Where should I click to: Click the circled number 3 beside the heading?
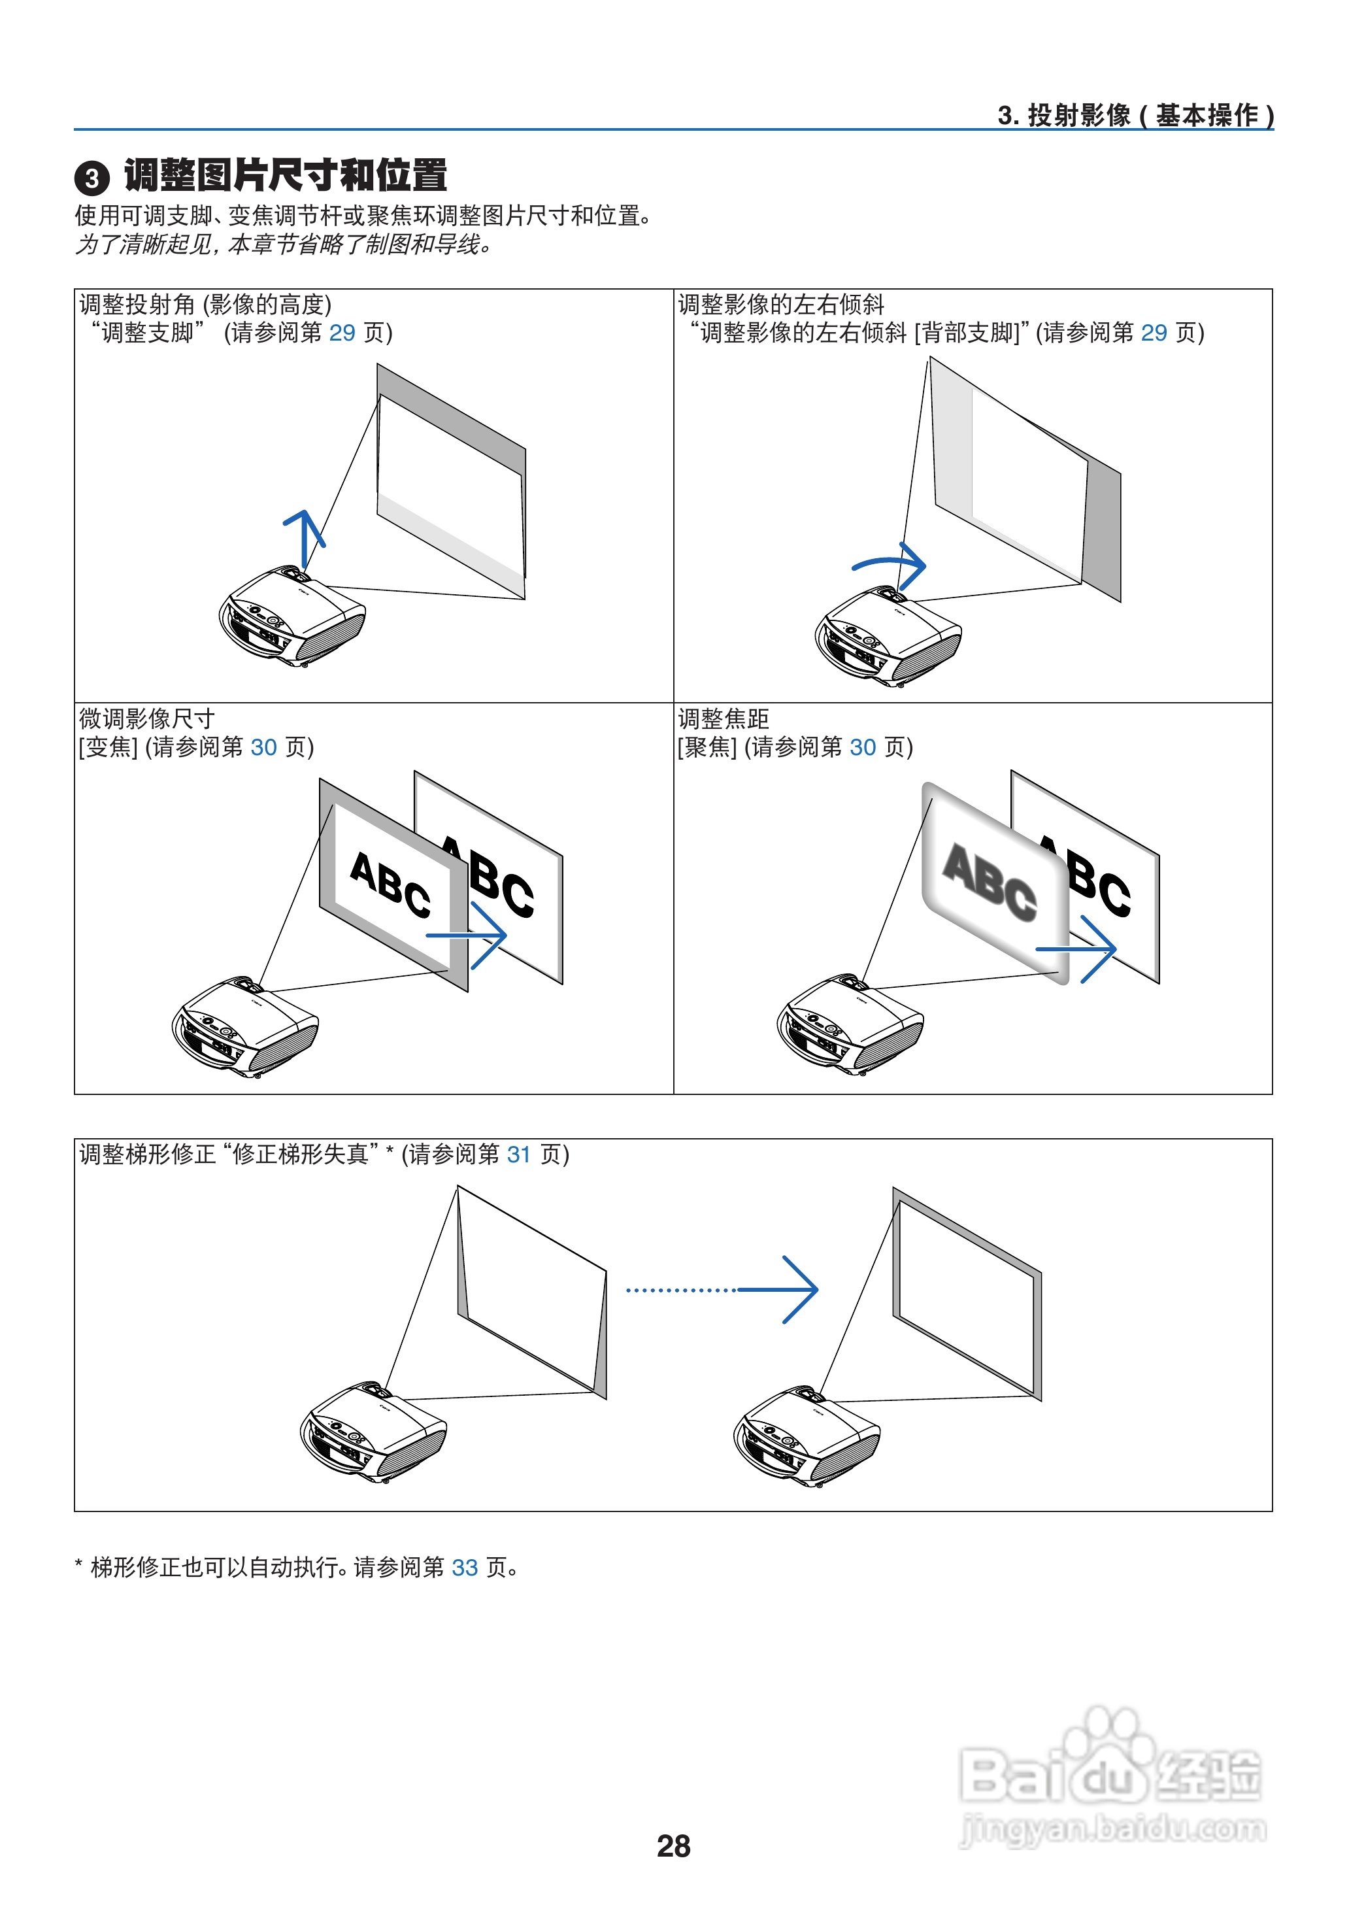coord(92,178)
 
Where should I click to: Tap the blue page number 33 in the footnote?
coord(464,1567)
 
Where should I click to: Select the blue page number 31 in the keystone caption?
coord(518,1154)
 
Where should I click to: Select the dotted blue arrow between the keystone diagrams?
coord(723,1289)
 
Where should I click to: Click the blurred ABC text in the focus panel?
coord(990,883)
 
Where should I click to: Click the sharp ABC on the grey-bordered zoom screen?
coord(390,884)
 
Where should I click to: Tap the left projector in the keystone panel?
coord(373,1432)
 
